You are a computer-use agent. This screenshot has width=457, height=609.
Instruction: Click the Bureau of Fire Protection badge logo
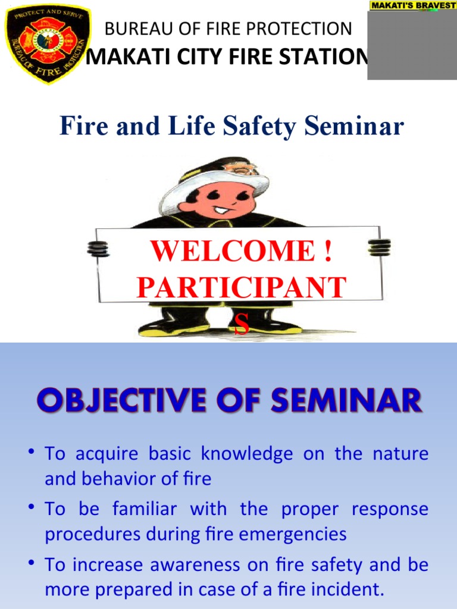coord(47,43)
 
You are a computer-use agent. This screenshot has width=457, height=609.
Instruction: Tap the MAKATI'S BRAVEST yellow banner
coord(412,5)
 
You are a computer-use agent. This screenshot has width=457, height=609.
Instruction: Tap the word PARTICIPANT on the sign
coord(241,287)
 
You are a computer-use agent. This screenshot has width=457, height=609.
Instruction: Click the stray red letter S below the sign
coord(241,326)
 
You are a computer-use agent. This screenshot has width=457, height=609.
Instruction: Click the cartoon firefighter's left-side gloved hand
coord(98,248)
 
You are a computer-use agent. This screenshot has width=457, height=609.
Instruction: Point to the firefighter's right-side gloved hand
coord(379,247)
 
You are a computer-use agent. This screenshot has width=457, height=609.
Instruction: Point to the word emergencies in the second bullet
coord(296,534)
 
